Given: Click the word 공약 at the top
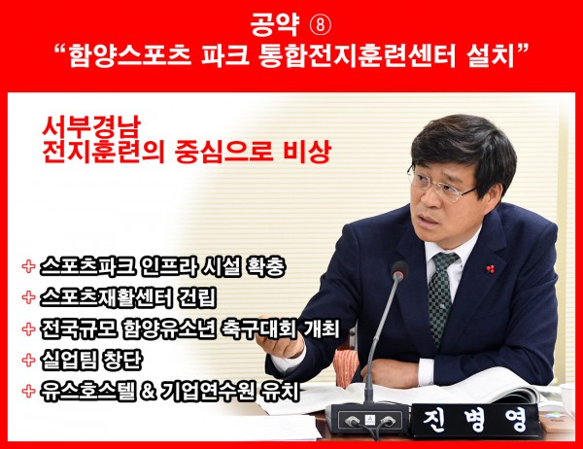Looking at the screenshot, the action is tap(275, 25).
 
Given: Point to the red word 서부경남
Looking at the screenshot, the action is tap(91, 127).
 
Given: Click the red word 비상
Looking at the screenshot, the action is tap(306, 152).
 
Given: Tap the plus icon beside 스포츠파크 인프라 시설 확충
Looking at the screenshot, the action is tap(28, 266).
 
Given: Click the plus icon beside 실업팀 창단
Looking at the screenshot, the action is tap(28, 360).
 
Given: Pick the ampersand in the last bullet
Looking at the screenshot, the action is tap(148, 391).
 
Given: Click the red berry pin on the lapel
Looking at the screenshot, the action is tap(491, 268).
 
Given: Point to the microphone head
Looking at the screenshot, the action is tap(399, 270).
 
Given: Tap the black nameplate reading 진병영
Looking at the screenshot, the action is tap(475, 421).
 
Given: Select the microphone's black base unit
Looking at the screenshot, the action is tap(367, 418).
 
